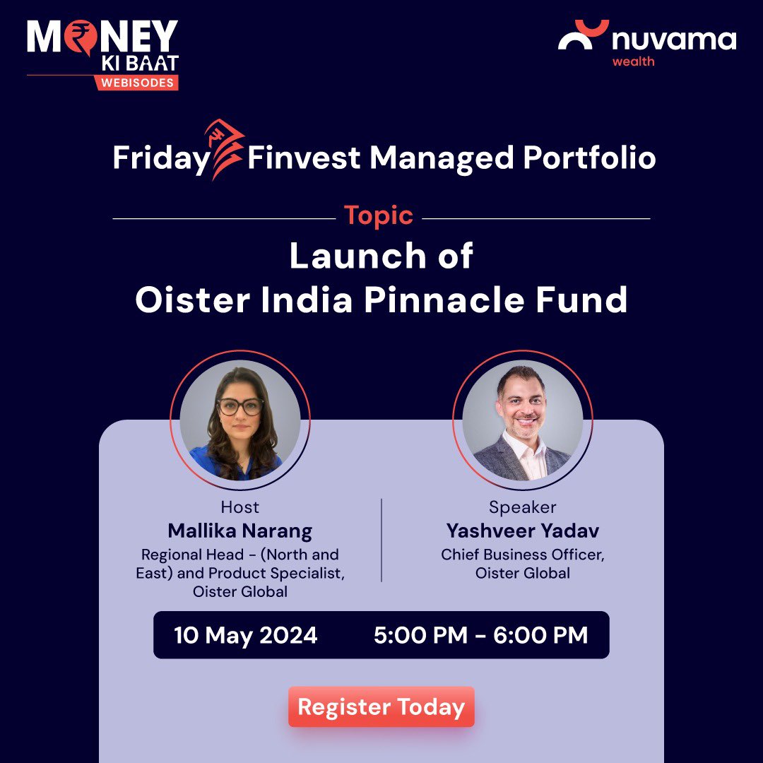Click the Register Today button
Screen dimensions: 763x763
pyautogui.click(x=381, y=707)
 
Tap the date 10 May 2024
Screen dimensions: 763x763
pyautogui.click(x=245, y=635)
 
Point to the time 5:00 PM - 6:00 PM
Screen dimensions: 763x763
pyautogui.click(x=480, y=635)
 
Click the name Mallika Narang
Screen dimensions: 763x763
pyautogui.click(x=239, y=531)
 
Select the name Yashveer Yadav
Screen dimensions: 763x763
pyautogui.click(x=522, y=531)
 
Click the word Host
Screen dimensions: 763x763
pyautogui.click(x=239, y=507)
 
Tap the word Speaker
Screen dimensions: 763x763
pyautogui.click(x=522, y=507)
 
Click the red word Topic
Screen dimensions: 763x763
pyautogui.click(x=378, y=215)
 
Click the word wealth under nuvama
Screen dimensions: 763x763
pyautogui.click(x=633, y=61)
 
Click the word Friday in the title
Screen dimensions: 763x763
pyautogui.click(x=161, y=158)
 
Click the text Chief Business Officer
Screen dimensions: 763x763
pyautogui.click(x=522, y=555)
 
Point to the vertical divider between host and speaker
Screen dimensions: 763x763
pyautogui.click(x=381, y=540)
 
